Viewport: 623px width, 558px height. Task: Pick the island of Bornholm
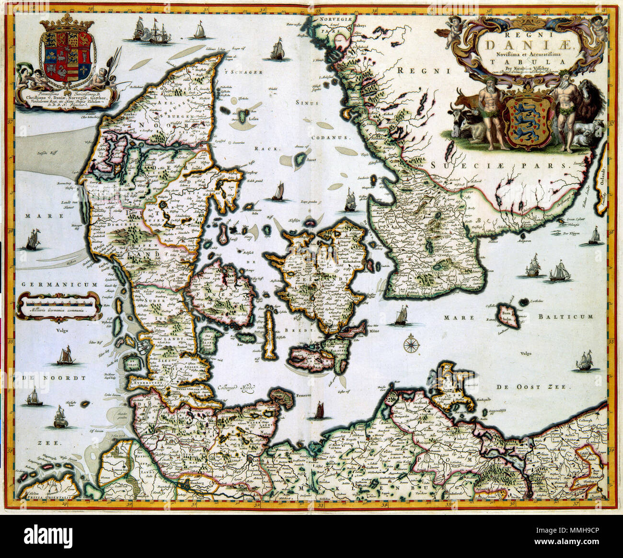pos(508,316)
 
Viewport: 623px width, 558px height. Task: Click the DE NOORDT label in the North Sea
pos(53,377)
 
